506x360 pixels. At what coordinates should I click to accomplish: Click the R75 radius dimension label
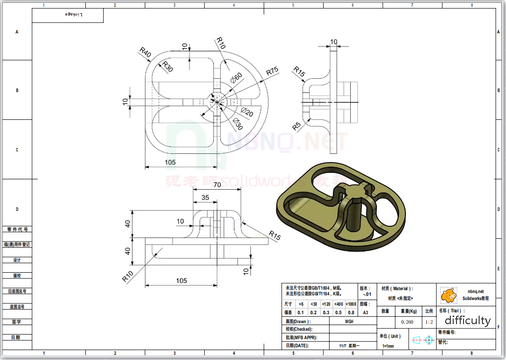(x=272, y=72)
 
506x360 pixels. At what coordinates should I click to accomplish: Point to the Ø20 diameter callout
(x=247, y=113)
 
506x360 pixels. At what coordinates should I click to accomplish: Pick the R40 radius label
(x=145, y=52)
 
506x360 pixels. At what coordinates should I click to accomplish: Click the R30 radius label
(x=167, y=67)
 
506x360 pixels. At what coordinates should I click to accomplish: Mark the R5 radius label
(x=297, y=126)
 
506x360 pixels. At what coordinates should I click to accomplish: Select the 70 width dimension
(x=217, y=184)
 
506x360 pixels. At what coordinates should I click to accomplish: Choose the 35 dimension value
(x=206, y=197)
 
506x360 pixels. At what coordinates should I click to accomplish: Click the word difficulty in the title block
(x=467, y=321)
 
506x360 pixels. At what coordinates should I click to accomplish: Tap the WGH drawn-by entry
(x=348, y=321)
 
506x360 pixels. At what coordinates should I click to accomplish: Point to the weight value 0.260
(x=407, y=322)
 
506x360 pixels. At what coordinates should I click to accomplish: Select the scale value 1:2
(x=429, y=322)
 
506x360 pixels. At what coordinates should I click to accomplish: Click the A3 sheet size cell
(x=365, y=312)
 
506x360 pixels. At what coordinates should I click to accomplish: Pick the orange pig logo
(x=448, y=295)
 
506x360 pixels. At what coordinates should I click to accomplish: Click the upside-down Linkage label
(x=73, y=15)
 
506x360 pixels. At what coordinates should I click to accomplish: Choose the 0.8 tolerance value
(x=351, y=312)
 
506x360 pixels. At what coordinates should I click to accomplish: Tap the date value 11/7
(x=343, y=346)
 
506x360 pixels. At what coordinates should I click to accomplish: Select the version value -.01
(x=367, y=294)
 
